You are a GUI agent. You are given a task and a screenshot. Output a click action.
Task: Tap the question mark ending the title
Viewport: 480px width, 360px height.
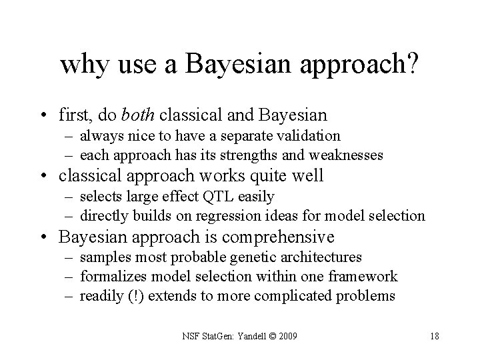coord(413,65)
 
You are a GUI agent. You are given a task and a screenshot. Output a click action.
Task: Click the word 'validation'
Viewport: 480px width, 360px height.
coord(311,137)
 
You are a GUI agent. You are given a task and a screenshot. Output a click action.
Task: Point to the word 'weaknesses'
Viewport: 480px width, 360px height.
coord(346,155)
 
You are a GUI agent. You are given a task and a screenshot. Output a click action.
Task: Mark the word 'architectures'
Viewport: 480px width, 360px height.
coord(323,257)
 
